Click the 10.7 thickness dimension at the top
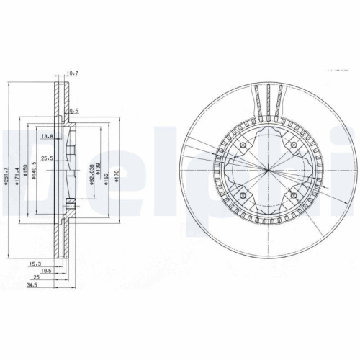pyautogui.click(x=71, y=73)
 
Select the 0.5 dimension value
pyautogui.click(x=74, y=110)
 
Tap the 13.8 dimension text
pyautogui.click(x=48, y=136)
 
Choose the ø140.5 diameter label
pyautogui.click(x=34, y=174)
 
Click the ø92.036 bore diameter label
pyautogui.click(x=90, y=174)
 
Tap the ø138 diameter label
pyautogui.click(x=97, y=174)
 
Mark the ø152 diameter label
pyautogui.click(x=105, y=174)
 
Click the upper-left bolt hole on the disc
pyautogui.click(x=243, y=147)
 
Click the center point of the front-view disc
pyautogui.click(x=266, y=171)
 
